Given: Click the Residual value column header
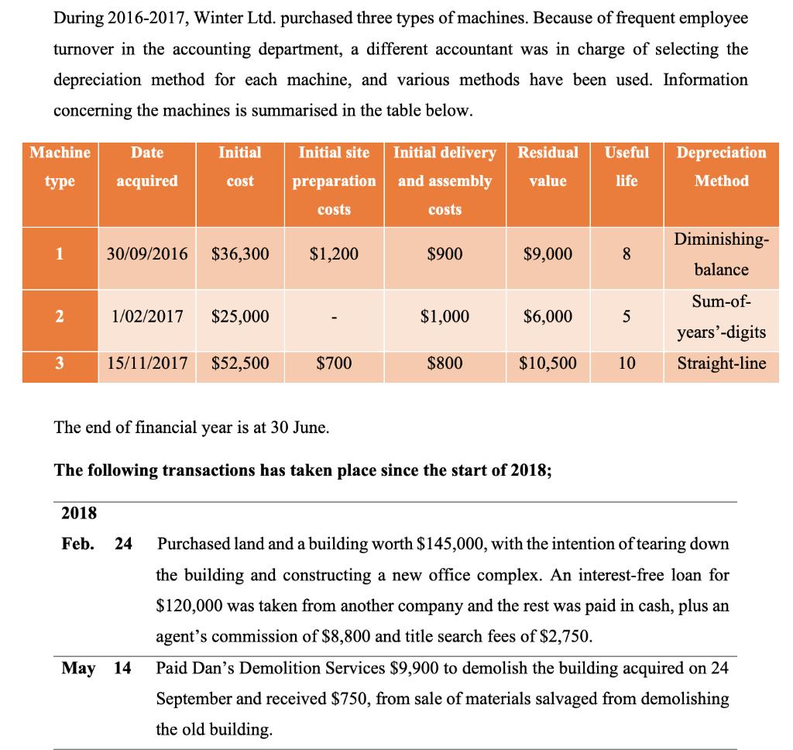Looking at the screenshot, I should [548, 167].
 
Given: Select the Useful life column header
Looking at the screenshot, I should [627, 167].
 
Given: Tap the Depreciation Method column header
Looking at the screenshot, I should [721, 167].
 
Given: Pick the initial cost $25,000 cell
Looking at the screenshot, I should [240, 316].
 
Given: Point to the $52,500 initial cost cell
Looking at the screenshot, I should [240, 363].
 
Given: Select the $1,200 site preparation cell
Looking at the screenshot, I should [334, 254].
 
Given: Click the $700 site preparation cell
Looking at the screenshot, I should [334, 363].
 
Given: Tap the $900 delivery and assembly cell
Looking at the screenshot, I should [445, 254].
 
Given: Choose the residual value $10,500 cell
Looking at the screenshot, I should [548, 363].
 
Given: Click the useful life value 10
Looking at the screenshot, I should [627, 363].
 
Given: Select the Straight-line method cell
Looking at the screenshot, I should [721, 363].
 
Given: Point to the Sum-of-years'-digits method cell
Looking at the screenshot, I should [721, 316].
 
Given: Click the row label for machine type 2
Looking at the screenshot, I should [59, 316].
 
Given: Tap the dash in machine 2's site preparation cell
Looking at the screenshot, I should [334, 316].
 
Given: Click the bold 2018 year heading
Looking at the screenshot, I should [78, 512].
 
